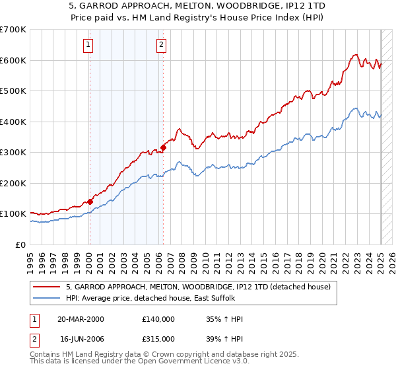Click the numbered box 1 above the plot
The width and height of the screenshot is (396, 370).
point(88,45)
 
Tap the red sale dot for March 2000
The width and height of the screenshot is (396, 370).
point(90,202)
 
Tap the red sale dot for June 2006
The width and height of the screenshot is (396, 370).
point(163,148)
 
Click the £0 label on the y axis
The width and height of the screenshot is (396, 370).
point(21,244)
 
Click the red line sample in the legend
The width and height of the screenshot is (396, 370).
point(47,286)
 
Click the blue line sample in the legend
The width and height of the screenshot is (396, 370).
point(47,298)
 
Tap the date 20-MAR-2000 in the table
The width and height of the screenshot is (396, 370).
point(81,319)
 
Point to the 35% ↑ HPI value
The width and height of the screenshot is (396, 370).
point(225,319)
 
